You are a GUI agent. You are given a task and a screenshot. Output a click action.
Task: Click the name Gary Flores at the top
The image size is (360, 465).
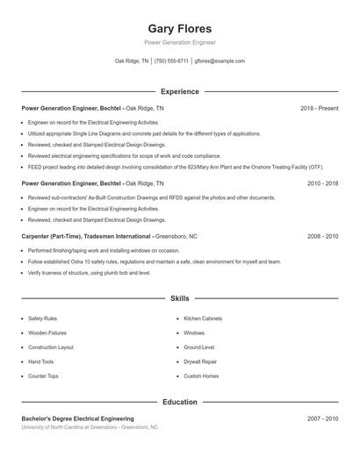[x=180, y=29]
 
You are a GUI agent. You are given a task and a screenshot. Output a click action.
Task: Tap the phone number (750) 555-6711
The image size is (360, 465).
[x=171, y=61]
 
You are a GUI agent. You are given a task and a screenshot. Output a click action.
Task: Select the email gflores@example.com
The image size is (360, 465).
[x=220, y=61]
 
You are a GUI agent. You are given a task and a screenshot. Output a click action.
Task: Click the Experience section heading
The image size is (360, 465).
[x=180, y=91]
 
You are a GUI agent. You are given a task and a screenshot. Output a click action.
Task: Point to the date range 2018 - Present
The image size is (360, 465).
[x=319, y=108]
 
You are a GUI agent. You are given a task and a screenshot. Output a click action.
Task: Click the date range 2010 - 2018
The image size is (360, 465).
[x=322, y=184]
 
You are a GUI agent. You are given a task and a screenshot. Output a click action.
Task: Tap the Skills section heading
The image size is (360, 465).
[x=180, y=298]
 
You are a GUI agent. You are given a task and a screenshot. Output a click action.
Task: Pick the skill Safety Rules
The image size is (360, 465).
[x=42, y=318]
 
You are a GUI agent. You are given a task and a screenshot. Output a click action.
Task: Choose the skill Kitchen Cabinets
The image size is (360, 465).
[x=203, y=318]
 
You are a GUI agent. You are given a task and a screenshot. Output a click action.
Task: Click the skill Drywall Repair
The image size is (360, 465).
[x=200, y=361]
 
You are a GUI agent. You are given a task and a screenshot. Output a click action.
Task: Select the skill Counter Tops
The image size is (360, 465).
[x=43, y=376]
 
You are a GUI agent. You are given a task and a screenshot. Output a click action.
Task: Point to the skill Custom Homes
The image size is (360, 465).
[x=201, y=376]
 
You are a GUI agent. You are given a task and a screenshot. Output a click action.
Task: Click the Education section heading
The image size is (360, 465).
[x=180, y=402]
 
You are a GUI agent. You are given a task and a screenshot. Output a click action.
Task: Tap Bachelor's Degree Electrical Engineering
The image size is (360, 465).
[x=77, y=418]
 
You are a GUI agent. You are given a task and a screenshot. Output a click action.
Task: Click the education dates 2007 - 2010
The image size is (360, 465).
[x=322, y=418]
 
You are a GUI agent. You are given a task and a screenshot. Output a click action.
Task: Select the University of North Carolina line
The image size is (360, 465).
[x=90, y=427]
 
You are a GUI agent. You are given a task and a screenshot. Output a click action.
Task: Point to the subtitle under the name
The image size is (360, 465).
[x=180, y=42]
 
